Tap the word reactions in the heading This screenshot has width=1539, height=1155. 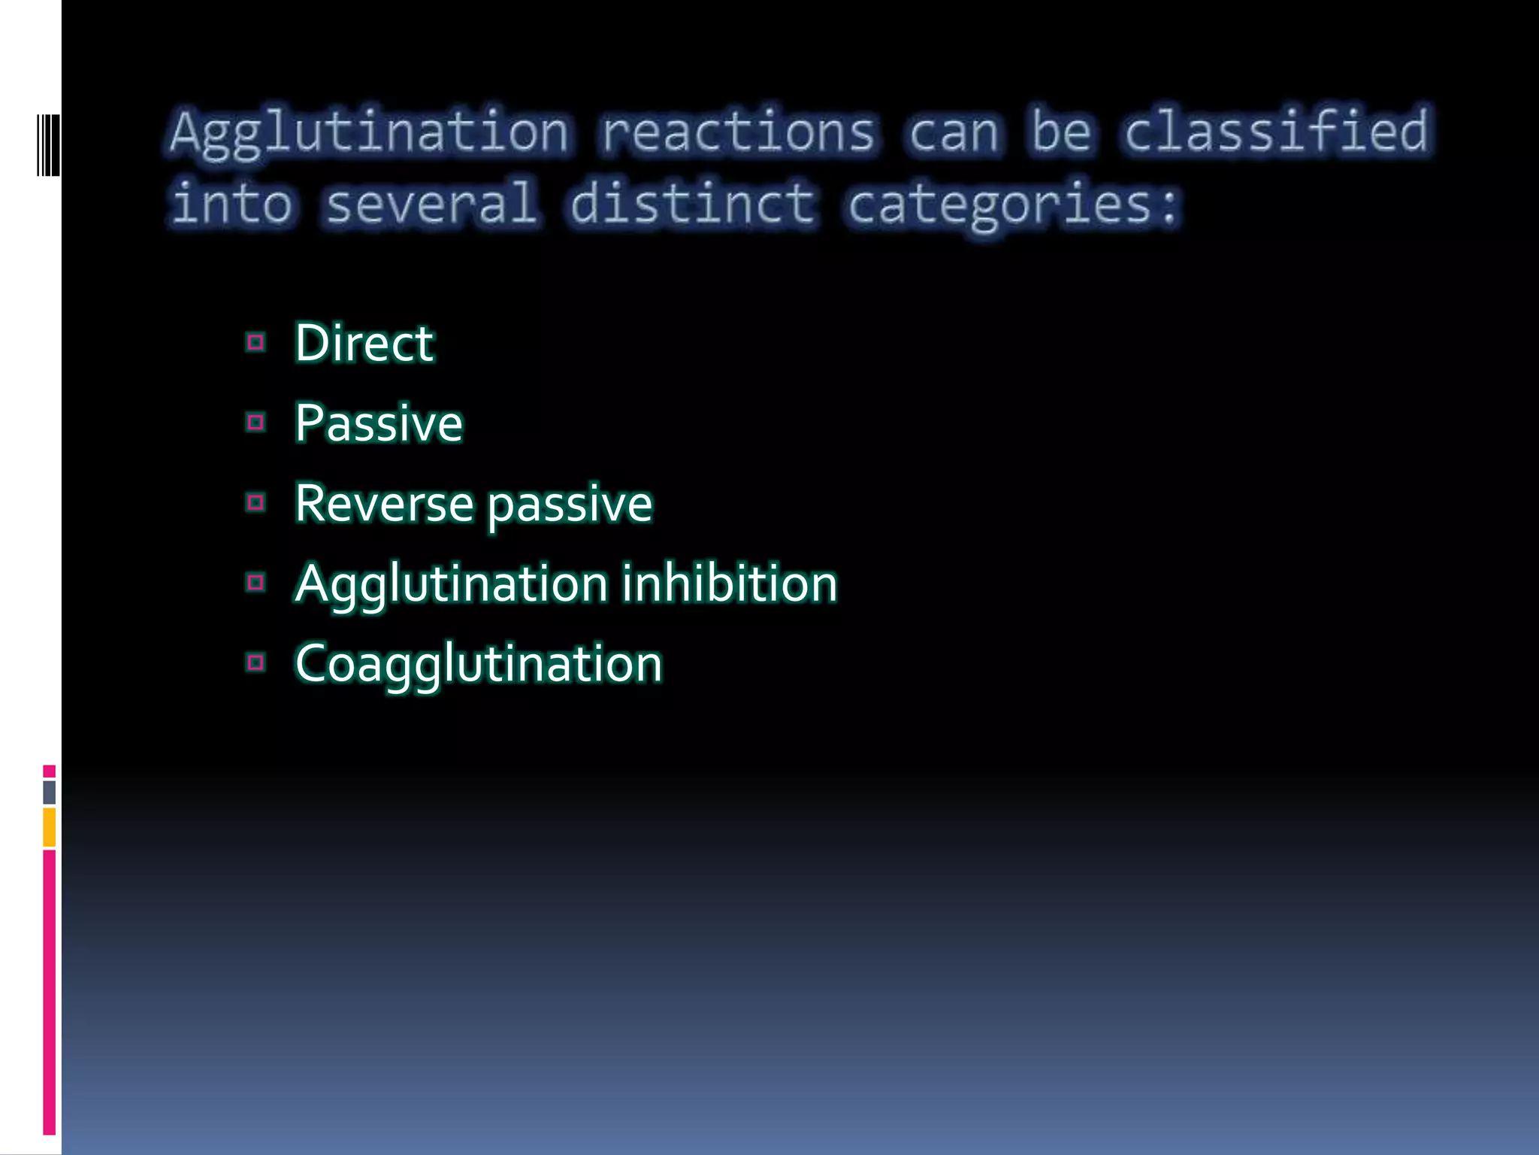click(738, 132)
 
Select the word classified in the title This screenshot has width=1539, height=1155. click(1276, 131)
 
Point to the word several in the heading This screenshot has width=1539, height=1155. click(431, 203)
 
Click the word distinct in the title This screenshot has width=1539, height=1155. click(692, 203)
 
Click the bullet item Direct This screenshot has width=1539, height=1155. click(364, 343)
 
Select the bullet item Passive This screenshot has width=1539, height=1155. click(378, 423)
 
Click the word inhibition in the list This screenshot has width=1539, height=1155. click(729, 584)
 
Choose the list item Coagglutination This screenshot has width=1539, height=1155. click(478, 664)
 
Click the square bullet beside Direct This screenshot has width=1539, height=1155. click(255, 343)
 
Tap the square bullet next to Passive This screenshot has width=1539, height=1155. click(255, 423)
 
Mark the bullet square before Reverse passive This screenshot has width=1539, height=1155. click(255, 502)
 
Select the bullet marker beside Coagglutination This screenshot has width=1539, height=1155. click(255, 662)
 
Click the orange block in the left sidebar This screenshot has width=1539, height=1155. click(49, 827)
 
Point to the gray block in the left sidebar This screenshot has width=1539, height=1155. click(49, 792)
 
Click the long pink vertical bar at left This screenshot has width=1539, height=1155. click(49, 993)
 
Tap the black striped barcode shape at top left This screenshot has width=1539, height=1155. click(48, 145)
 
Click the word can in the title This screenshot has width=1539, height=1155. click(953, 132)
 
